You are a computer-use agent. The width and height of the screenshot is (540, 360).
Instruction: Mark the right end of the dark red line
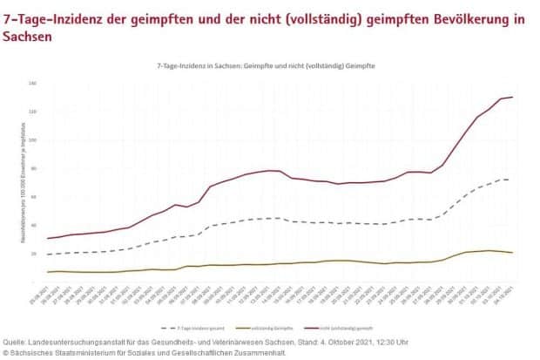(512, 97)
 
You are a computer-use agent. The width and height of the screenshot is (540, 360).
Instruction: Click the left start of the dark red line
(48, 238)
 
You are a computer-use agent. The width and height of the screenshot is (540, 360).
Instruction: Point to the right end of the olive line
(512, 253)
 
